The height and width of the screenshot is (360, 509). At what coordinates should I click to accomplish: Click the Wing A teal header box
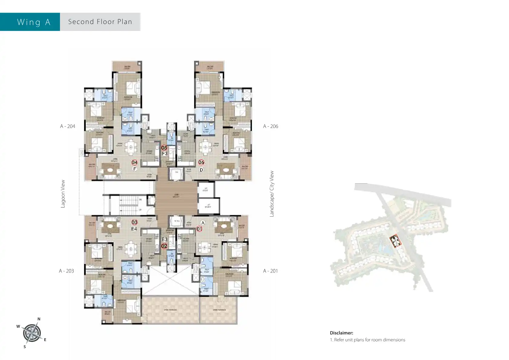[30, 22]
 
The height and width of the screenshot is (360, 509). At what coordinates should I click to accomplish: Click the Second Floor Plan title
[100, 22]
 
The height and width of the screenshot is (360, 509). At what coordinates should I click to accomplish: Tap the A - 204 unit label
[67, 126]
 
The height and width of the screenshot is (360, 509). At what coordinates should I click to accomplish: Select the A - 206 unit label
[270, 126]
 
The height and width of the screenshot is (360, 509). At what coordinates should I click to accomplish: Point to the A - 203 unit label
[66, 271]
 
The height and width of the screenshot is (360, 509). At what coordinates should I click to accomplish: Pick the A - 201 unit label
[270, 271]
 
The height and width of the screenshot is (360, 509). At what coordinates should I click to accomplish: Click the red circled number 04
[135, 162]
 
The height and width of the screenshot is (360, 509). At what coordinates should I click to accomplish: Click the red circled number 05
[164, 148]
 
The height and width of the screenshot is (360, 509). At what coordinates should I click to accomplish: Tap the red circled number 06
[201, 162]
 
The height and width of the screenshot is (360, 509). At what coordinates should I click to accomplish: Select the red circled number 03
[135, 222]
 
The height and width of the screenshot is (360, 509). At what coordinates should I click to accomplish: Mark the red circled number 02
[164, 246]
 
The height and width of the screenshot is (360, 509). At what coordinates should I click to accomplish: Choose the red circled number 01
[199, 229]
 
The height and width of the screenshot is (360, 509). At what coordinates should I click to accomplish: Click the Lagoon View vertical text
[63, 194]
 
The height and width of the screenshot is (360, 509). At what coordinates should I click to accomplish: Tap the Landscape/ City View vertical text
[272, 194]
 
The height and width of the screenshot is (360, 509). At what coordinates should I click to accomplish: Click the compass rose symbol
[31, 333]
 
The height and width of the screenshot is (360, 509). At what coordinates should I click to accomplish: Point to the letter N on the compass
[39, 319]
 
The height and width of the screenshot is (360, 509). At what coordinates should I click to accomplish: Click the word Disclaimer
[341, 333]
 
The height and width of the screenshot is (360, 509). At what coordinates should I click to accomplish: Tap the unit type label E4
[134, 229]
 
